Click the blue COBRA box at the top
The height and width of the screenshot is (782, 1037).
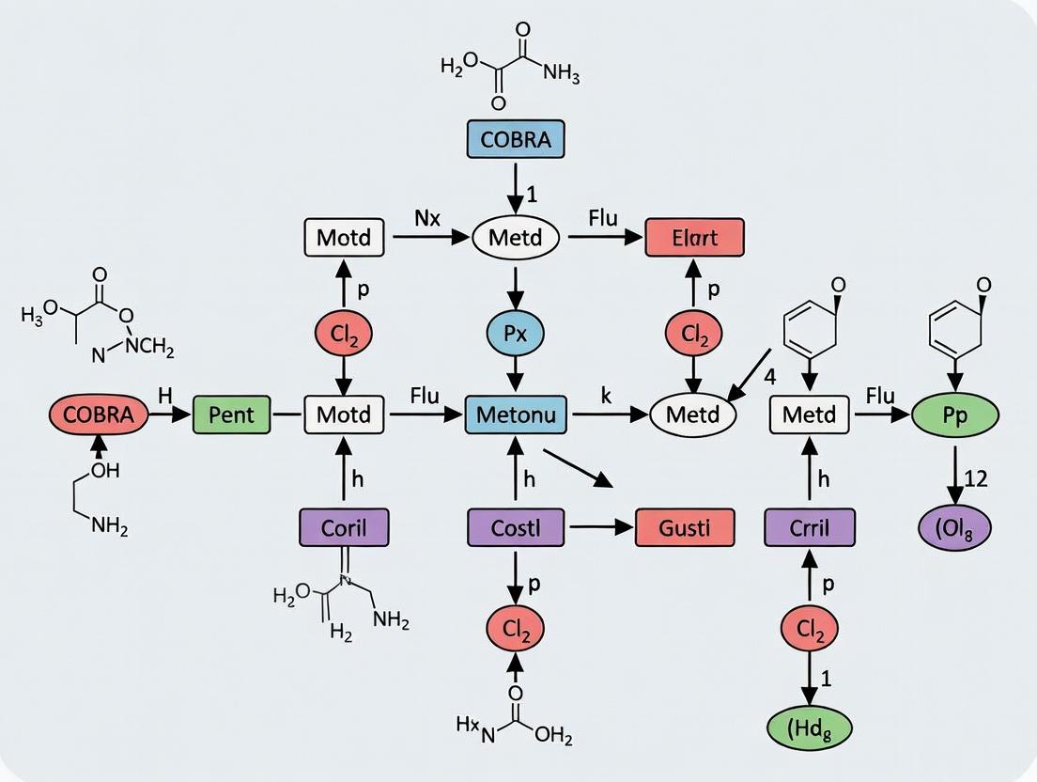click(516, 139)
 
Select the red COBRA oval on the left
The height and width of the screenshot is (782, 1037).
click(99, 414)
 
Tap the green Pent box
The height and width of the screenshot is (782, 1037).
click(232, 414)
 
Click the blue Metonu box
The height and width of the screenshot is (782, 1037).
click(516, 414)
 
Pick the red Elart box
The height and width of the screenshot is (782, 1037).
click(694, 238)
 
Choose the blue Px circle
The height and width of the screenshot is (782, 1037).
click(516, 333)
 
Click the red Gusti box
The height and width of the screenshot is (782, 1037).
click(685, 527)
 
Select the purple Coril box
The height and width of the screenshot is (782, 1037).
click(344, 527)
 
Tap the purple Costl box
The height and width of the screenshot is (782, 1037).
click(516, 527)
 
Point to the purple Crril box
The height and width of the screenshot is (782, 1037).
click(810, 527)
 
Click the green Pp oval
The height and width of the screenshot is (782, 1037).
click(955, 415)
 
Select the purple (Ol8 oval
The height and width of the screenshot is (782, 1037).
click(955, 527)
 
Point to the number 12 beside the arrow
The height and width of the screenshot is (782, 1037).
click(976, 478)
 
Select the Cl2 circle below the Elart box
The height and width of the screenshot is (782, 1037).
click(694, 333)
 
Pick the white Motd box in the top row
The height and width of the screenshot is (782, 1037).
click(345, 238)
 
